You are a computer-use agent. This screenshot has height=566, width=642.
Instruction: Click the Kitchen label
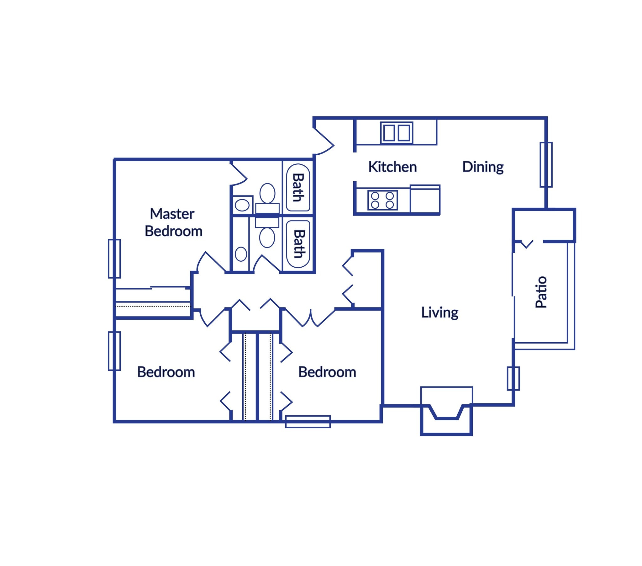pyautogui.click(x=392, y=167)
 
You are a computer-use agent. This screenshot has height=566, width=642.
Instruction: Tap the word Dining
pyautogui.click(x=483, y=167)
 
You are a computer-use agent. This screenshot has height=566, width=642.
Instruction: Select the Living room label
pyautogui.click(x=439, y=312)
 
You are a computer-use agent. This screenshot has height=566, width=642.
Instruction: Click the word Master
pyautogui.click(x=172, y=214)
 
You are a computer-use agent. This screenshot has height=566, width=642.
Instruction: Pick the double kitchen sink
pyautogui.click(x=396, y=133)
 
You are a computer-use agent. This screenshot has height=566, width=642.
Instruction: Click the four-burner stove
pyautogui.click(x=382, y=200)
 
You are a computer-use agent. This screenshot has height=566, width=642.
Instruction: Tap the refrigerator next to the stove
pyautogui.click(x=425, y=199)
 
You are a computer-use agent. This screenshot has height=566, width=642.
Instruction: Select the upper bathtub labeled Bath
pyautogui.click(x=298, y=187)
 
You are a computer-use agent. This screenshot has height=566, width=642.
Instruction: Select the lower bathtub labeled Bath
pyautogui.click(x=298, y=244)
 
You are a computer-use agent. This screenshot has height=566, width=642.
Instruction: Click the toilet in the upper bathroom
pyautogui.click(x=267, y=193)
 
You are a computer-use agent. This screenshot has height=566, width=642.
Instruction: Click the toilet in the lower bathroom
pyautogui.click(x=267, y=238)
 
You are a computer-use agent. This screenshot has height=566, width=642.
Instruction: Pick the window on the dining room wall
pyautogui.click(x=546, y=164)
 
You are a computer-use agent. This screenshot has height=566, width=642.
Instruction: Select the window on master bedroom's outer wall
pyautogui.click(x=114, y=259)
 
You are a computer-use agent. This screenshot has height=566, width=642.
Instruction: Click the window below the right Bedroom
pyautogui.click(x=308, y=421)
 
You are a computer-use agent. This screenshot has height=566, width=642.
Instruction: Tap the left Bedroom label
pyautogui.click(x=166, y=372)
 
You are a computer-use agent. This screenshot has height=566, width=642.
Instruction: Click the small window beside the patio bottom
pyautogui.click(x=513, y=378)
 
